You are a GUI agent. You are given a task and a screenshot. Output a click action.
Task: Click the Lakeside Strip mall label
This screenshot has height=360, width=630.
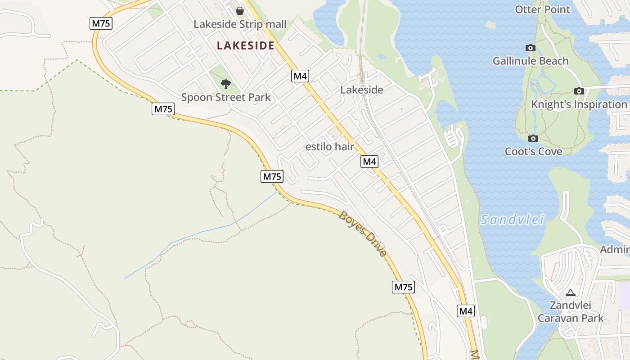click(240, 24)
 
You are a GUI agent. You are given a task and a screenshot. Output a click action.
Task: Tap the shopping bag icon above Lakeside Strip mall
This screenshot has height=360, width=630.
click(240, 10)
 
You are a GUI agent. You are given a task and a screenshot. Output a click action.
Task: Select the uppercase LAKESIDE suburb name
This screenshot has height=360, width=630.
click(246, 45)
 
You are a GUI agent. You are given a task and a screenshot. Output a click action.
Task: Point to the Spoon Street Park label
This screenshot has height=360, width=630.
click(226, 97)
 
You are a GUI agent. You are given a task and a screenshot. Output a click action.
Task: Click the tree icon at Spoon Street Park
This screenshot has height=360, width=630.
click(226, 84)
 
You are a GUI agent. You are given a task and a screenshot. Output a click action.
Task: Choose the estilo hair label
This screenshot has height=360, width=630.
click(330, 147)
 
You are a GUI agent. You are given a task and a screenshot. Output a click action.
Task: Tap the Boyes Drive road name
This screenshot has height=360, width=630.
click(363, 234)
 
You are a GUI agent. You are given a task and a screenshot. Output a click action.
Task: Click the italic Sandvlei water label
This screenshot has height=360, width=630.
click(513, 220)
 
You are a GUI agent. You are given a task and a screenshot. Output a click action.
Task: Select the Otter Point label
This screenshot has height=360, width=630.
click(542, 9)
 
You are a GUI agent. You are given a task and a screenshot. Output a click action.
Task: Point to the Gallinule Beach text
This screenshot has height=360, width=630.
click(531, 61)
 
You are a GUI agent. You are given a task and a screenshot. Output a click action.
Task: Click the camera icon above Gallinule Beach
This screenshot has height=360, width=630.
click(531, 48)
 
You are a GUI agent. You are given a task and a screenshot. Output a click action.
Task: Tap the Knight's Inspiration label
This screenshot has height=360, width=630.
click(579, 104)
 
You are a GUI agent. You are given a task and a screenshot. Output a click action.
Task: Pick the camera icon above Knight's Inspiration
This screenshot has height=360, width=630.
click(579, 91)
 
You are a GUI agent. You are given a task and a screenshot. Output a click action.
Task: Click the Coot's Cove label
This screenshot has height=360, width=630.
click(533, 151)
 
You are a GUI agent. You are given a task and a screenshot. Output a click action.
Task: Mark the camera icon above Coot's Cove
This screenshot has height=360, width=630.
click(533, 138)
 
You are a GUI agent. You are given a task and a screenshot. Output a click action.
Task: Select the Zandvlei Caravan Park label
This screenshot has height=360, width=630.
click(571, 311)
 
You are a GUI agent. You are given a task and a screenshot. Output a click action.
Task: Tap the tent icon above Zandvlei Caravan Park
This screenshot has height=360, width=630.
click(571, 292)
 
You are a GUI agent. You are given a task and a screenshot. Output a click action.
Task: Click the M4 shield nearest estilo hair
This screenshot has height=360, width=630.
click(369, 162)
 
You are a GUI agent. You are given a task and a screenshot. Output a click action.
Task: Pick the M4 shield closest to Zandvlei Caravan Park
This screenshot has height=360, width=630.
click(466, 311)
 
